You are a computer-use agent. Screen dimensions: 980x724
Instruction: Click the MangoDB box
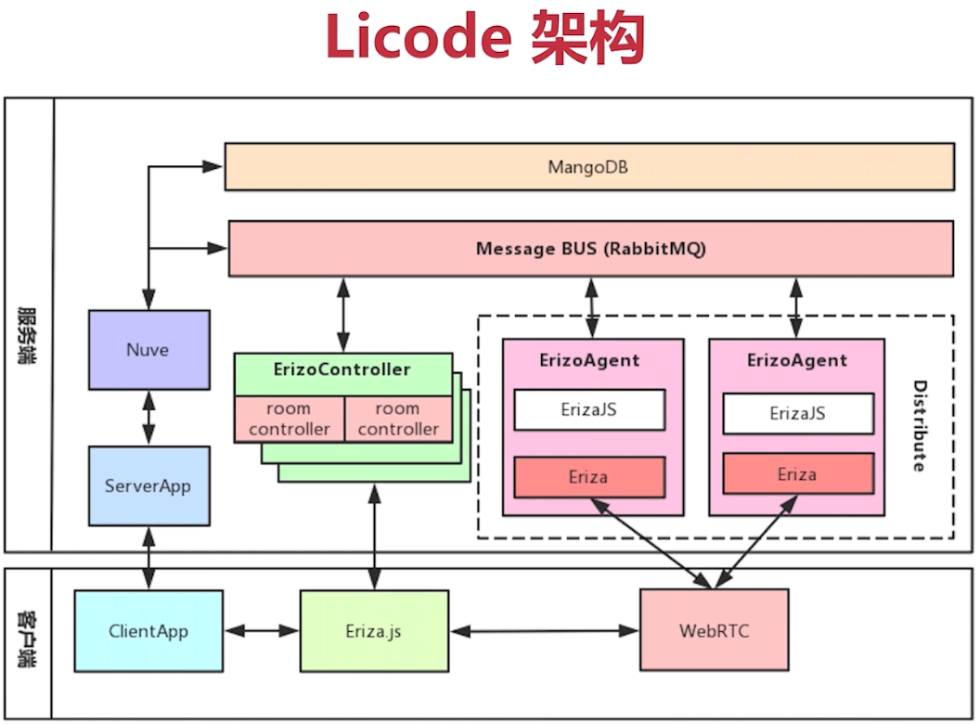(x=589, y=167)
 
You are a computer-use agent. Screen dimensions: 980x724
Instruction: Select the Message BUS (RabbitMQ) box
(x=590, y=248)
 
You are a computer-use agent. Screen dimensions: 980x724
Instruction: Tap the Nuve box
(x=148, y=350)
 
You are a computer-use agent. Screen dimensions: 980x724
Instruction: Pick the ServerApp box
(x=148, y=485)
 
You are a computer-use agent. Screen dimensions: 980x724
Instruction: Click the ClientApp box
(x=148, y=631)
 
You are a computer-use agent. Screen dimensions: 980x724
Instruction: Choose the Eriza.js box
(x=374, y=631)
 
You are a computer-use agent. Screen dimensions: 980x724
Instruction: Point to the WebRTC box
(x=715, y=630)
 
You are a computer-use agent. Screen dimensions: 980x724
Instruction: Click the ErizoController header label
(x=342, y=369)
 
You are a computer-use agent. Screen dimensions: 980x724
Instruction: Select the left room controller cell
(x=290, y=419)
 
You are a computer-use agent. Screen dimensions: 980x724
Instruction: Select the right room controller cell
(x=398, y=419)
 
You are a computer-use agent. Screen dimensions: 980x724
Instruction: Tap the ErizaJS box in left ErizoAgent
(x=589, y=409)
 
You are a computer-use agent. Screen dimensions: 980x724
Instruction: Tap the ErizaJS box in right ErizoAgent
(x=798, y=413)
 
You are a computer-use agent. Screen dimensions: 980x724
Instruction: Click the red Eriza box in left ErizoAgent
(x=589, y=477)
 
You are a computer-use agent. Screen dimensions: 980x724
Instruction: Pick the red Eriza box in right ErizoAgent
(x=798, y=474)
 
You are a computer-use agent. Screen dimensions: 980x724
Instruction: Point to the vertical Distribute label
(x=920, y=426)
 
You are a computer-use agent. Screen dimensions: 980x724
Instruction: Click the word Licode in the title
(x=419, y=37)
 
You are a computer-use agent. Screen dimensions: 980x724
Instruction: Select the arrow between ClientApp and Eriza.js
(x=262, y=631)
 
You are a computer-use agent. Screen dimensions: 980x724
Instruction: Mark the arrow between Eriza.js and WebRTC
(x=545, y=631)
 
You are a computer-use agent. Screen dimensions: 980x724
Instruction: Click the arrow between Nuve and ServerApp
(x=148, y=418)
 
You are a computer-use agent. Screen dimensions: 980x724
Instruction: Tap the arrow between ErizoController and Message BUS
(x=343, y=315)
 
